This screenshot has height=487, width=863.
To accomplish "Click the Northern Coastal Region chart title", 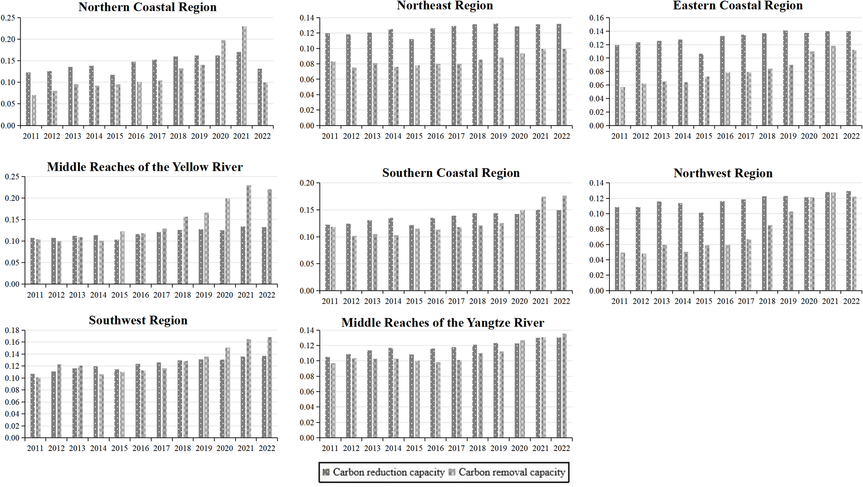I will click(x=147, y=7).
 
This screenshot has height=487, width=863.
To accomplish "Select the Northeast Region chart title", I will click(x=444, y=6).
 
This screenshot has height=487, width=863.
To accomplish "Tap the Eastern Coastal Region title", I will click(x=738, y=6).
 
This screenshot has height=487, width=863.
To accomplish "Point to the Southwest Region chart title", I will click(x=138, y=320).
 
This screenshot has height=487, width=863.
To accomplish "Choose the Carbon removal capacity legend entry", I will click(x=507, y=472).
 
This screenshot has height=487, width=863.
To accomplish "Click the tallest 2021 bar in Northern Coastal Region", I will click(x=244, y=76).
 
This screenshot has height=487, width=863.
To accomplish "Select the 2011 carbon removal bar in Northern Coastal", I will click(x=34, y=110).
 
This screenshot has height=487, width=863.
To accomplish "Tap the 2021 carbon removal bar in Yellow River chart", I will click(x=249, y=234).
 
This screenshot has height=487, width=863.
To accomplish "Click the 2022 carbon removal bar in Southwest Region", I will click(x=270, y=387).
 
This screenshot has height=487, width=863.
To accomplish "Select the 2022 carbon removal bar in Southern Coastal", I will click(x=564, y=243).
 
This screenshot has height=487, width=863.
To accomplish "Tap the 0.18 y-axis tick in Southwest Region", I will click(x=12, y=330).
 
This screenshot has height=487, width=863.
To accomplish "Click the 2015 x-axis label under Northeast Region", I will click(x=414, y=136).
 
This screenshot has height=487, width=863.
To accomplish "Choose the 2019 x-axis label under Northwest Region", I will click(x=788, y=301).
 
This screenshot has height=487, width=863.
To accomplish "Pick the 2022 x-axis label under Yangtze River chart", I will click(x=561, y=448).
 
